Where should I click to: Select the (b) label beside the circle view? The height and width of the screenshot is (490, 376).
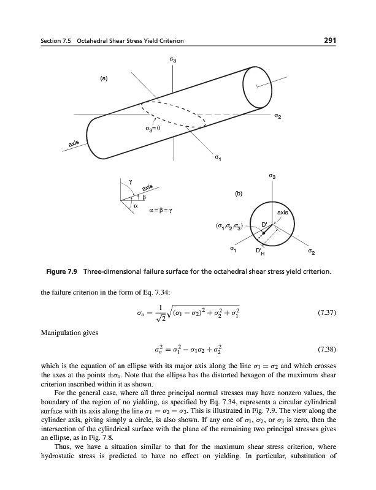click(239, 194)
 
